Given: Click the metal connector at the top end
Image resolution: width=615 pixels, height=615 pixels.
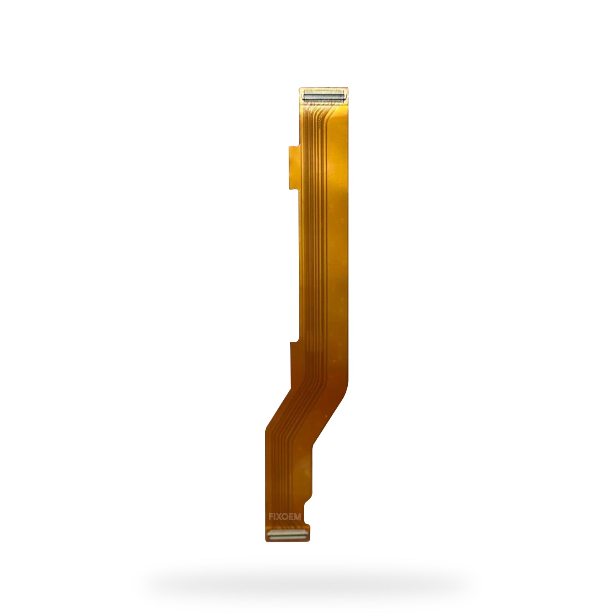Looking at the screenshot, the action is [x=324, y=96].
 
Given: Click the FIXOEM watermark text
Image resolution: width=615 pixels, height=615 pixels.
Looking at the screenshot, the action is [x=285, y=517].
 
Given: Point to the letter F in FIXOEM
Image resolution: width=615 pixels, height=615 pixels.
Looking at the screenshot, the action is [x=271, y=517].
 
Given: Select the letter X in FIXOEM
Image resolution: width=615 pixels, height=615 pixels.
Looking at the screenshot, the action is [x=279, y=517].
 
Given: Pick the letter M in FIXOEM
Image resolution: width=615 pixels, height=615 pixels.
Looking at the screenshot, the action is [x=297, y=517].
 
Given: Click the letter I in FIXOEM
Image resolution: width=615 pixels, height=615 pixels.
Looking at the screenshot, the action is [x=275, y=517].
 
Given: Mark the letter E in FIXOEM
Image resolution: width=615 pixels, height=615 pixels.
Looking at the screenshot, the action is [x=291, y=517].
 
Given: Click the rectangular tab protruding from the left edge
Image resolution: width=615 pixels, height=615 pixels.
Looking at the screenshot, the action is [x=294, y=168].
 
